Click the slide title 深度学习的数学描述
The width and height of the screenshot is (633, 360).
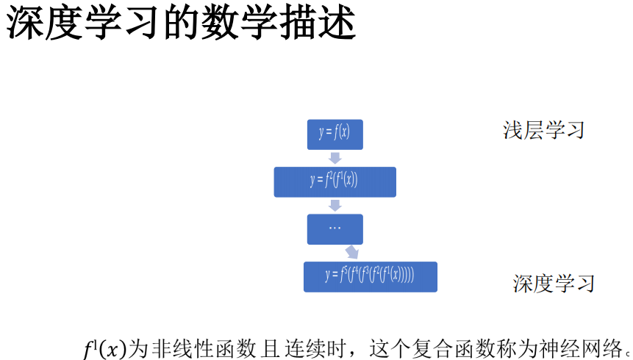tap(181, 24)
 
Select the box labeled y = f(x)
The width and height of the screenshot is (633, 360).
tap(335, 133)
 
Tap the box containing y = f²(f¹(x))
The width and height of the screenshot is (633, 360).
tap(335, 181)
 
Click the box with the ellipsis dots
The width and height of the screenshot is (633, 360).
tap(335, 228)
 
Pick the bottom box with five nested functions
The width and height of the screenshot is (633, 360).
tap(371, 276)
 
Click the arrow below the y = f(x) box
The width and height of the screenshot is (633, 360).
tap(335, 157)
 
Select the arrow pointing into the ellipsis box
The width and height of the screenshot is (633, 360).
tap(335, 205)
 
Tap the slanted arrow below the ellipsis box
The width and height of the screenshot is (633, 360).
tap(352, 252)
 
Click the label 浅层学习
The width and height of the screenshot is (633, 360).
tap(543, 131)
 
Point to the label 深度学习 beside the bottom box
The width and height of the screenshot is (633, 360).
tap(553, 284)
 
